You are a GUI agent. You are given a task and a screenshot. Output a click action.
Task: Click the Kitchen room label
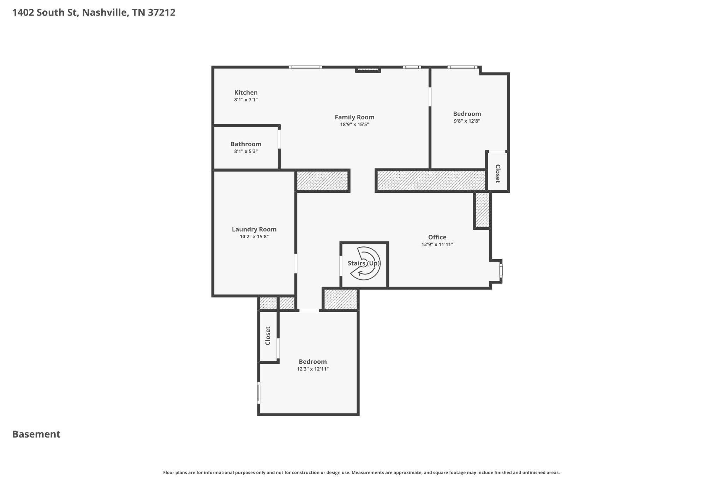[246, 93]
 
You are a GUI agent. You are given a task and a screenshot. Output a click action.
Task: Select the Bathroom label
[246, 144]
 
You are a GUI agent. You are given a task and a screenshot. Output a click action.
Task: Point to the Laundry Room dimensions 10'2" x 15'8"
[254, 237]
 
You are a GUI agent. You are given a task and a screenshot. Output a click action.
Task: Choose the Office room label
[437, 237]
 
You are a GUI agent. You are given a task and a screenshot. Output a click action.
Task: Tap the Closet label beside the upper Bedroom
[498, 173]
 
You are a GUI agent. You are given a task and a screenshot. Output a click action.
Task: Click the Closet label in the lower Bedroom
[268, 336]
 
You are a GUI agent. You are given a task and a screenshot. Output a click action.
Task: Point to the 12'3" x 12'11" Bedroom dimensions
[313, 369]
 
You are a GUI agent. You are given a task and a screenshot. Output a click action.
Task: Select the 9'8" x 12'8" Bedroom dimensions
[467, 121]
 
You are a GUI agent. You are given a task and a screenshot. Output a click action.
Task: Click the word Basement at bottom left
[36, 434]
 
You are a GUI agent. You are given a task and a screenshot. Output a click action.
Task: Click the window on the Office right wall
[501, 271]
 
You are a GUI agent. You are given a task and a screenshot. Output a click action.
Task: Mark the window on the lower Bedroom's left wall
[259, 393]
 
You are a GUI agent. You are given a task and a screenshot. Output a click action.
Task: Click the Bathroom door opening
[279, 139]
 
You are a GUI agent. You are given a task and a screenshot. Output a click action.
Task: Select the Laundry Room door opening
[296, 263]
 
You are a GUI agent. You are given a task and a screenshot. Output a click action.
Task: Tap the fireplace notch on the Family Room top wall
[368, 70]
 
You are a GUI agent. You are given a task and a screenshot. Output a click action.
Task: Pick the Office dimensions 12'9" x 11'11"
[437, 244]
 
